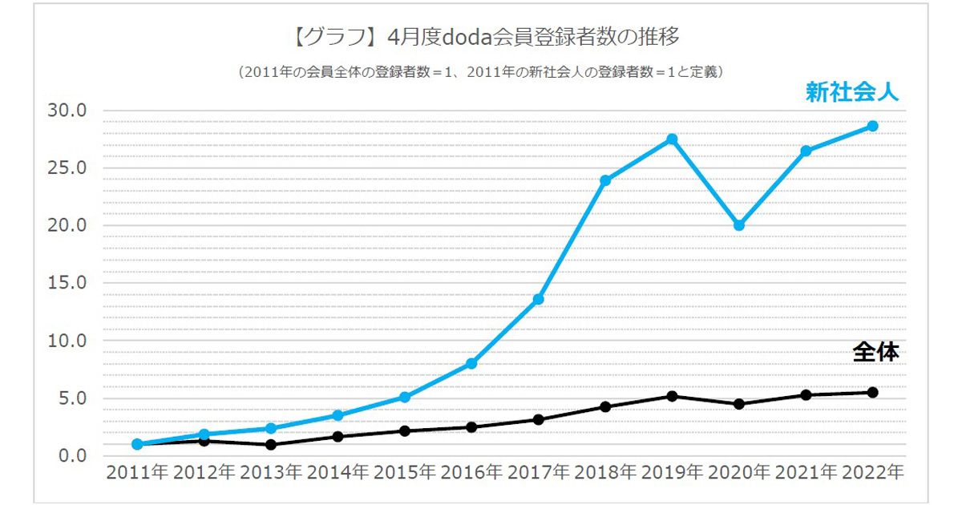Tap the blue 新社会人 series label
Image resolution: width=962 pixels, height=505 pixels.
point(852,93)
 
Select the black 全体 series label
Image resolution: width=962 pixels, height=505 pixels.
point(875,351)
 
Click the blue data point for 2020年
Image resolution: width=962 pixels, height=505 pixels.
point(739,225)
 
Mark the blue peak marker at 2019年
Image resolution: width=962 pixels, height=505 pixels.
point(672,139)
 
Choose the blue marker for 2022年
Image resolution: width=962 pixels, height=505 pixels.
point(873,126)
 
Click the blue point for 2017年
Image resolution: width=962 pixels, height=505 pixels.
point(539,299)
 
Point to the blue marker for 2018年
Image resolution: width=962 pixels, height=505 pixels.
point(605,180)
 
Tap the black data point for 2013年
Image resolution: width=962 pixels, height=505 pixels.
point(271,445)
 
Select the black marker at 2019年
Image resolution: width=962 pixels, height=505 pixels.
point(672,396)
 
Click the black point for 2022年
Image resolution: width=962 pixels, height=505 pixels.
point(873,392)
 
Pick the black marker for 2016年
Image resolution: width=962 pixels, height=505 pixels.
point(471,427)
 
